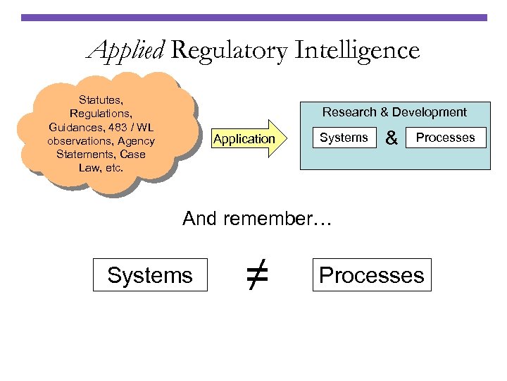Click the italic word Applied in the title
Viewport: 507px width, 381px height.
tap(125, 51)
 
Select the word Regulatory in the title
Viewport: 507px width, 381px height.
tap(228, 51)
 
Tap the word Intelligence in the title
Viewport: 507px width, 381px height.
tap(357, 50)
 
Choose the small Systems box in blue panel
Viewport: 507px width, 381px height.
tap(344, 138)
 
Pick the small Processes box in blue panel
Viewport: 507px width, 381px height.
tap(446, 138)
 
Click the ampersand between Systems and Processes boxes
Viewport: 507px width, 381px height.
tap(392, 139)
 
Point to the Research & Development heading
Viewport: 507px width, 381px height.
tap(394, 112)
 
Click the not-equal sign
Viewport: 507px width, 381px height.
tap(258, 274)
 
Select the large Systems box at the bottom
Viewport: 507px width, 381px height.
tap(150, 275)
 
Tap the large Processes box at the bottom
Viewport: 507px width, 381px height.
tap(372, 275)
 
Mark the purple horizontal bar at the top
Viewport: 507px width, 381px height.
tap(254, 18)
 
